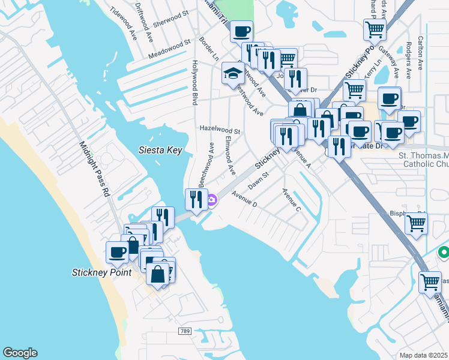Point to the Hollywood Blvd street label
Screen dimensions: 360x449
pyautogui.click(x=194, y=83)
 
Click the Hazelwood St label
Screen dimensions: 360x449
pyautogui.click(x=220, y=130)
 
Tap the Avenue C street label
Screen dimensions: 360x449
pyautogui.click(x=291, y=200)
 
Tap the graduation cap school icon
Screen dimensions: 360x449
pyautogui.click(x=233, y=73)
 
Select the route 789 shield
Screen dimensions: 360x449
pyautogui.click(x=185, y=331)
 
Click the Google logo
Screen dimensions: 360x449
pyautogui.click(x=20, y=353)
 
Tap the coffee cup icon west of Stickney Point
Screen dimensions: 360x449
pyautogui.click(x=116, y=251)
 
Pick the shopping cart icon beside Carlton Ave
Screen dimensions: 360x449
pyautogui.click(x=375, y=29)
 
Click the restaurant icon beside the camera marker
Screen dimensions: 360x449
pyautogui.click(x=196, y=199)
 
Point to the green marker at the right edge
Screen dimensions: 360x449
pyautogui.click(x=443, y=253)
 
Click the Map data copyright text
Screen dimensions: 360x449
pyautogui.click(x=423, y=355)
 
